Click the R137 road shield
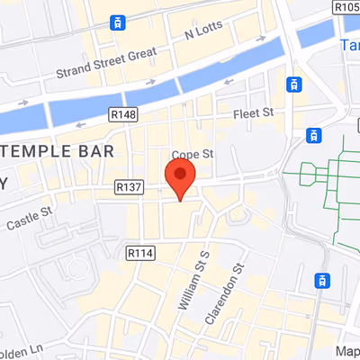(130, 186)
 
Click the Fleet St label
(253, 113)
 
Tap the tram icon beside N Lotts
(116, 22)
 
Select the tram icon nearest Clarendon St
(321, 280)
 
